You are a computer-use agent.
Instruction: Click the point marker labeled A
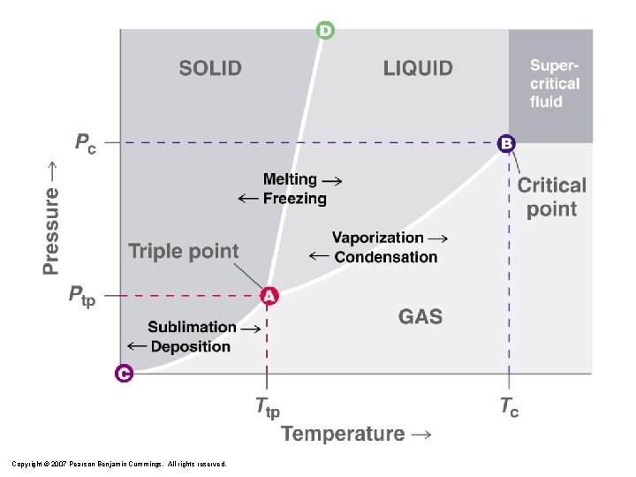pyautogui.click(x=269, y=297)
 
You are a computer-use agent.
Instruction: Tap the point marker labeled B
pyautogui.click(x=506, y=142)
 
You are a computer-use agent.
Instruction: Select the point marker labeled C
pyautogui.click(x=124, y=374)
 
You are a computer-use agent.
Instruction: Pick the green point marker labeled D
pyautogui.click(x=325, y=31)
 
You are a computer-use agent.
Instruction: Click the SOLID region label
pyautogui.click(x=210, y=68)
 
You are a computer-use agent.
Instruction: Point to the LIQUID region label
pyautogui.click(x=418, y=68)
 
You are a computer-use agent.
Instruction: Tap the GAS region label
pyautogui.click(x=420, y=316)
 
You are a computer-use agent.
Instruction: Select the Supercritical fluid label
pyautogui.click(x=555, y=83)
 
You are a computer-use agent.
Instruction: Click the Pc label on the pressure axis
pyautogui.click(x=85, y=143)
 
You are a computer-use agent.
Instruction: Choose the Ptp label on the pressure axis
pyautogui.click(x=82, y=296)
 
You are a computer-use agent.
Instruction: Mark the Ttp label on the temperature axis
pyautogui.click(x=268, y=407)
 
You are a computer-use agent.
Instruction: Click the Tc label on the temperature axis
pyautogui.click(x=509, y=407)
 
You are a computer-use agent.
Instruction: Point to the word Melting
pyautogui.click(x=290, y=179)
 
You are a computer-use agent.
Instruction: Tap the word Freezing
pyautogui.click(x=294, y=199)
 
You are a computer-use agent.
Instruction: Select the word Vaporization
pyautogui.click(x=377, y=238)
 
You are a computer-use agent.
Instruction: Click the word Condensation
pyautogui.click(x=386, y=257)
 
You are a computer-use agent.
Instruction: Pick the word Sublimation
pyautogui.click(x=192, y=327)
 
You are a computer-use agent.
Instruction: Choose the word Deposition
pyautogui.click(x=191, y=346)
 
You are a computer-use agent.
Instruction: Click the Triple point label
pyautogui.click(x=184, y=251)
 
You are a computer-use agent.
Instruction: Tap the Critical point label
pyautogui.click(x=552, y=197)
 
